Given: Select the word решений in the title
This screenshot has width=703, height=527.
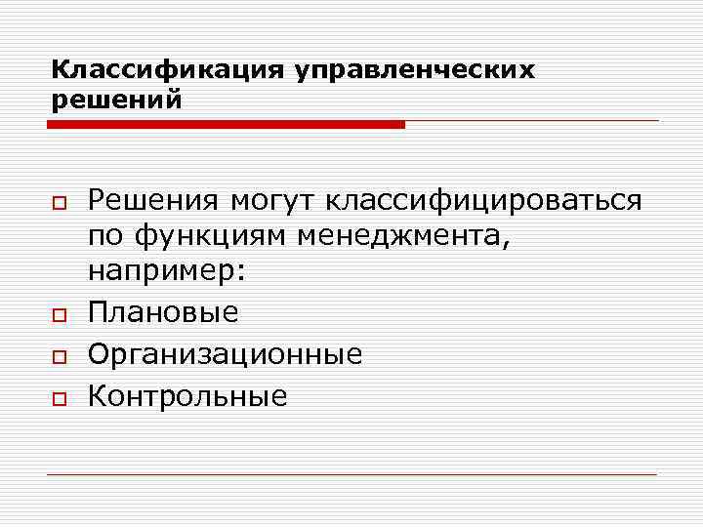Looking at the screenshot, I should tap(116, 100).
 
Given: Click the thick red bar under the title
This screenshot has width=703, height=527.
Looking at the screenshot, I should tap(226, 125).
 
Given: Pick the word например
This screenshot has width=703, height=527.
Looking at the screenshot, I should tap(161, 271).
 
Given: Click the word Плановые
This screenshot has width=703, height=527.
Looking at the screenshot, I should tap(163, 312).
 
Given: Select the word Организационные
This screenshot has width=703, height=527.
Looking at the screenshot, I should tap(225, 353).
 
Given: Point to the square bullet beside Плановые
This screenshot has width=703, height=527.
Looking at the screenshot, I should tap(60, 314).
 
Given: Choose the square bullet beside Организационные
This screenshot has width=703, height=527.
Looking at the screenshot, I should tap(60, 355).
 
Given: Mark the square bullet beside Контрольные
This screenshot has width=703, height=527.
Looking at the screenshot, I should tap(60, 396).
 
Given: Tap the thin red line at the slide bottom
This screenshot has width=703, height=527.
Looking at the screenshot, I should tap(351, 474).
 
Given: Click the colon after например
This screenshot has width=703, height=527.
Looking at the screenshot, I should tap(241, 273).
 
